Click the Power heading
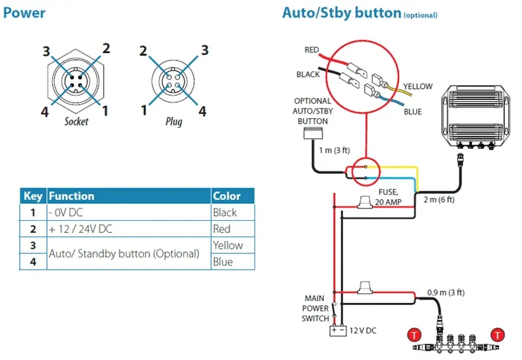coord(25,12)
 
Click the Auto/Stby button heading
coord(341,13)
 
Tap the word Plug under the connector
coord(174,122)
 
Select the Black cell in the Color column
coord(225,213)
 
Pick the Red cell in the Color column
coord(222,229)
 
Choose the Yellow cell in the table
coord(227,245)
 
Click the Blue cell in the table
coord(223,262)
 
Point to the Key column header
coord(33,196)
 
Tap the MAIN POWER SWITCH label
coord(316,308)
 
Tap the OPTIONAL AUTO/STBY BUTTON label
coord(312,111)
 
